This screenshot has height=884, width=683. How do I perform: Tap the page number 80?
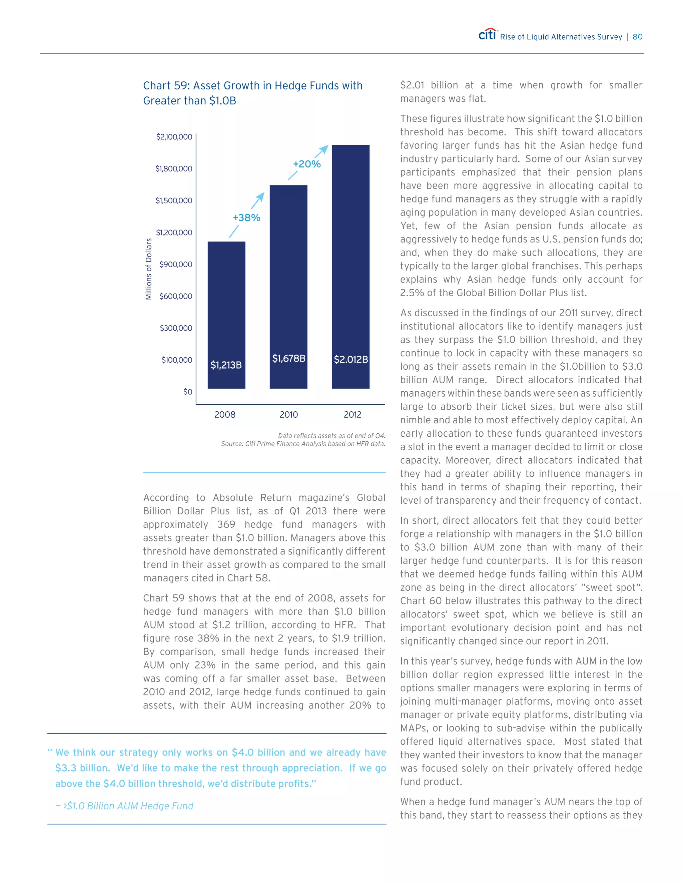point(637,37)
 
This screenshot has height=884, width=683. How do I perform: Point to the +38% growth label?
point(246,218)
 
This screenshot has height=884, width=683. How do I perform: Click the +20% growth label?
point(307,164)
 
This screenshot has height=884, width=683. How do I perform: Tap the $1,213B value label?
point(226,365)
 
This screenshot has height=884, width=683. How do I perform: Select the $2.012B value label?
point(351,359)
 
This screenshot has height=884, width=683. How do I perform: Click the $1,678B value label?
point(288,358)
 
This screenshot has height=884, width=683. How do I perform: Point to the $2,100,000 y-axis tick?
point(174,137)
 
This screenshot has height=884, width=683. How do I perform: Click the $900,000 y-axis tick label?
point(176,264)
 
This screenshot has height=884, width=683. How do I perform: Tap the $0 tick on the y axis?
point(187,391)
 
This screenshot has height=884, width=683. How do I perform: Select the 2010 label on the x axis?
point(288,414)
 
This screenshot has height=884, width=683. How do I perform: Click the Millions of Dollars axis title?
point(148,269)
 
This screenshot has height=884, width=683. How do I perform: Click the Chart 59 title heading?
point(252,93)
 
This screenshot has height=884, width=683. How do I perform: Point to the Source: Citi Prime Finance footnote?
point(303,444)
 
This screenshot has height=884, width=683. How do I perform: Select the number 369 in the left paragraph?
point(226,525)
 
